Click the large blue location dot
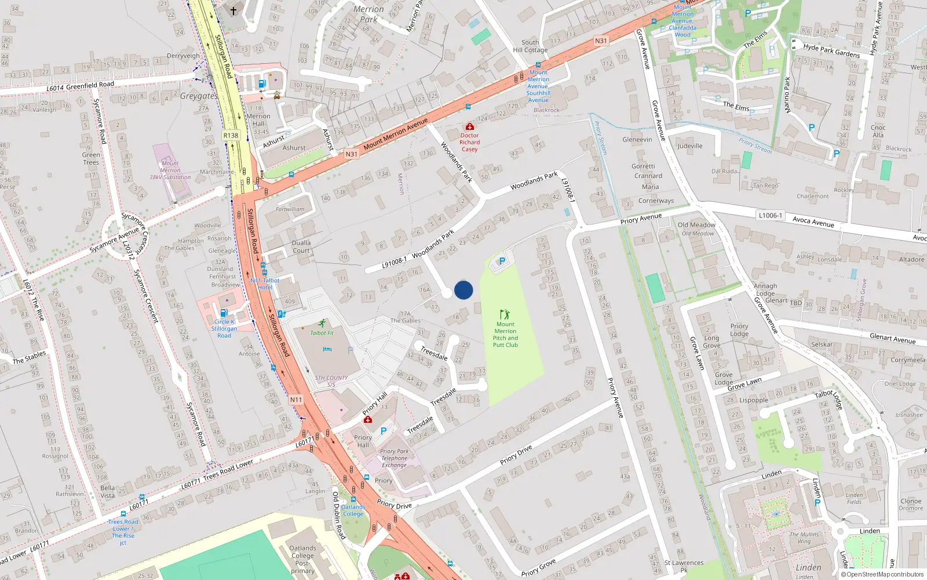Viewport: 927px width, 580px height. [463, 290]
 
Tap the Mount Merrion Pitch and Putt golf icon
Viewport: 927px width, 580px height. [505, 314]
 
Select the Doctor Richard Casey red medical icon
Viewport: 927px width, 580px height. [470, 126]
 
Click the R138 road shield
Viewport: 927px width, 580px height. [231, 135]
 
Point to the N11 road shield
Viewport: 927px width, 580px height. [296, 400]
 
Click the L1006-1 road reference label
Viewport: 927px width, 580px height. [771, 215]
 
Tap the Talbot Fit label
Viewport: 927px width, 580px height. [322, 333]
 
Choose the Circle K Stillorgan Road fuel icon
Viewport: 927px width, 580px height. [224, 313]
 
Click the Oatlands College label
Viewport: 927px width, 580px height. [353, 510]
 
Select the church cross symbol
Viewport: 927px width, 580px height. [233, 10]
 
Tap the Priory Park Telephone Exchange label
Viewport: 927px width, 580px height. [394, 458]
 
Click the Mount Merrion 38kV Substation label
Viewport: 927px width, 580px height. [170, 171]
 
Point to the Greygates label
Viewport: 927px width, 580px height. [199, 96]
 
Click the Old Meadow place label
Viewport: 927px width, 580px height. [696, 225]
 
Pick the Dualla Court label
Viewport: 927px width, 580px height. [301, 246]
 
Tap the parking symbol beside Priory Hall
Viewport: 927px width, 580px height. [383, 431]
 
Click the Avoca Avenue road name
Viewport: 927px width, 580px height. [813, 222]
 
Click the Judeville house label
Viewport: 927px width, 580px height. [689, 146]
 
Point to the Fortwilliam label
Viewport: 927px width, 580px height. [290, 209]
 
